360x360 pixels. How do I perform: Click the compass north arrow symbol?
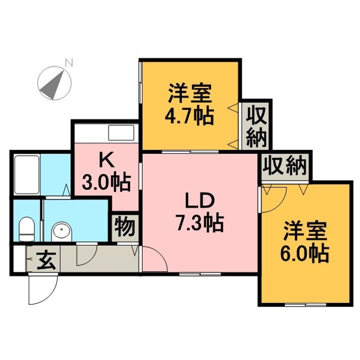53,83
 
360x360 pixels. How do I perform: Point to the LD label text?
200,200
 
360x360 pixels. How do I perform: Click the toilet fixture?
26,229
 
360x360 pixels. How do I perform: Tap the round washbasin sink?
62,231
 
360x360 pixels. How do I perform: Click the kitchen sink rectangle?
121,133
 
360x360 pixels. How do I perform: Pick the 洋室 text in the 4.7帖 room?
189,94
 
